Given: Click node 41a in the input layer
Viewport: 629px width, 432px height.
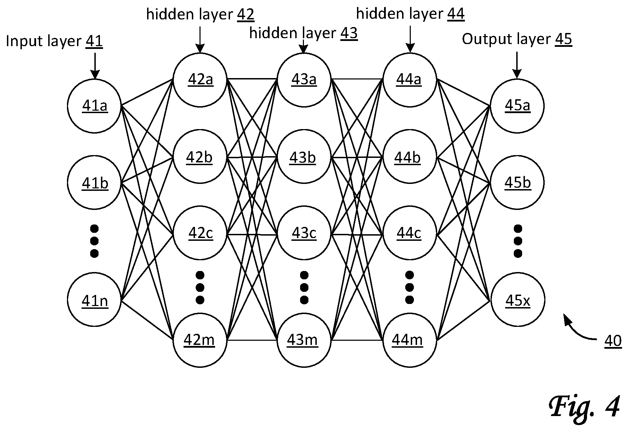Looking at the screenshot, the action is (x=94, y=106).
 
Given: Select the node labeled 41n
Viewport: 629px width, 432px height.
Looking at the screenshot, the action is (x=94, y=300).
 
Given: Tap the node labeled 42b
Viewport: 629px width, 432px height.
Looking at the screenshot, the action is (x=200, y=157).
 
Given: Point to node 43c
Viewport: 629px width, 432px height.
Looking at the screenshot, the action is (x=304, y=233).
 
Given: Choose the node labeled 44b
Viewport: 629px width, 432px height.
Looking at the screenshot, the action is (x=409, y=157).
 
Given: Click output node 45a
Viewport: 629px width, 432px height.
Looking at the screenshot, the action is (x=517, y=106).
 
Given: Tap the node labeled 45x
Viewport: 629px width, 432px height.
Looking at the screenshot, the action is (x=517, y=300).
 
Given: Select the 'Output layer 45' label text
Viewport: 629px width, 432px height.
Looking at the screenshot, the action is (x=517, y=40).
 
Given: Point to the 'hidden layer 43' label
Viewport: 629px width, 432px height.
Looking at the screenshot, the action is (x=304, y=33).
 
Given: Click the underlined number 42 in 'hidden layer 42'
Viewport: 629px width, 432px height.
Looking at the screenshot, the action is (x=246, y=14).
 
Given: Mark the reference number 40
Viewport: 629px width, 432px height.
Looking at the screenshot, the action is (x=613, y=341).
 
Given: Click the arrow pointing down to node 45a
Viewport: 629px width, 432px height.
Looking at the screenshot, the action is (x=517, y=65).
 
